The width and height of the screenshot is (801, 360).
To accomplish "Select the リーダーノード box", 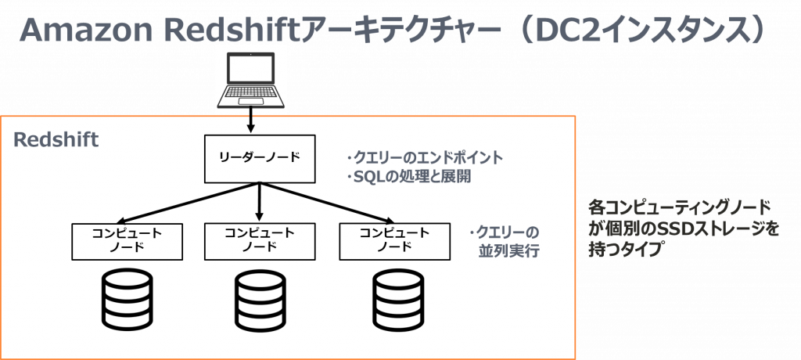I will click(259, 158).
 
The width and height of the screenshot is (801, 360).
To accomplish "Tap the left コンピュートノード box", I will click(127, 241).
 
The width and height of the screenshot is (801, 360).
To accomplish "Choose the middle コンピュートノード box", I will click(260, 241).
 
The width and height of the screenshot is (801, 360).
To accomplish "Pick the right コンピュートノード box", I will click(394, 241).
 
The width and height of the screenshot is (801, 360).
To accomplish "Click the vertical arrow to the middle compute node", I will click(259, 202).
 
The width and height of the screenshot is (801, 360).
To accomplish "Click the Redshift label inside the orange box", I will click(56, 141).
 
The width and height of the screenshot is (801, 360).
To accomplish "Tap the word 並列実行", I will click(508, 251).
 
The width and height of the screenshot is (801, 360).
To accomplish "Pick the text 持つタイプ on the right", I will click(625, 250).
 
